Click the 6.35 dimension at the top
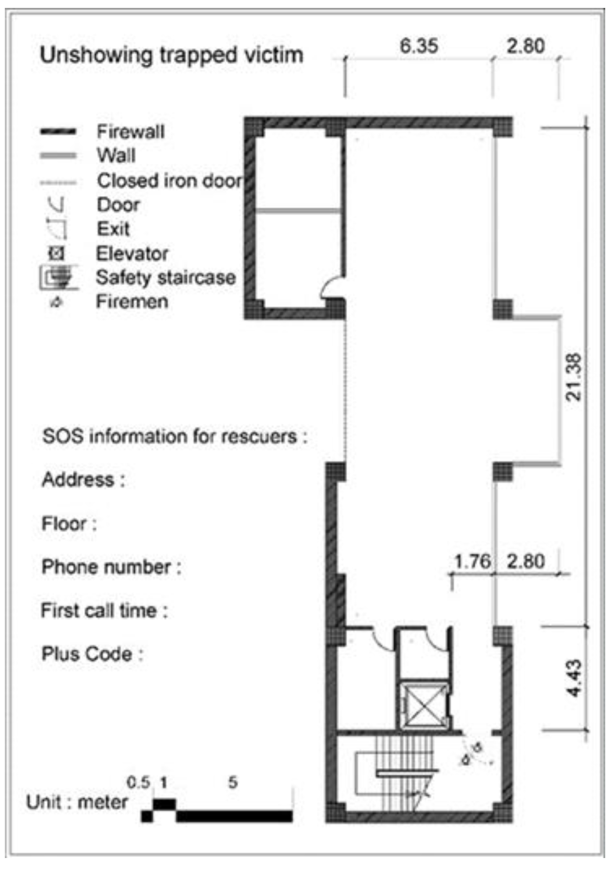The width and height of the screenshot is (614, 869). (x=418, y=46)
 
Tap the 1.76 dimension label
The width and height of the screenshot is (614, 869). (x=472, y=561)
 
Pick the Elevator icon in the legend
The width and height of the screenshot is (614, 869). (x=57, y=253)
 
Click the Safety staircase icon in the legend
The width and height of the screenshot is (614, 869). (x=59, y=278)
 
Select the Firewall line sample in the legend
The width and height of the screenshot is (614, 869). (x=58, y=132)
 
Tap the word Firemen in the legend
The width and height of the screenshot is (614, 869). (x=132, y=302)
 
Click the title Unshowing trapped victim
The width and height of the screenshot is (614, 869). (x=171, y=55)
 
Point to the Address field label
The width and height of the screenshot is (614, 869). (x=83, y=479)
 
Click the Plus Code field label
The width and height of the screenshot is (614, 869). (x=92, y=654)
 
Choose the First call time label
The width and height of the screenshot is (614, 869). (x=104, y=610)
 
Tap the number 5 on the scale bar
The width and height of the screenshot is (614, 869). (x=233, y=782)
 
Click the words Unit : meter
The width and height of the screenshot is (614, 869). (x=77, y=802)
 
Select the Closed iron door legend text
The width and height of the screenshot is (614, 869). (x=169, y=180)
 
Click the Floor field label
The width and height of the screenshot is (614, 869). (x=69, y=523)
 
